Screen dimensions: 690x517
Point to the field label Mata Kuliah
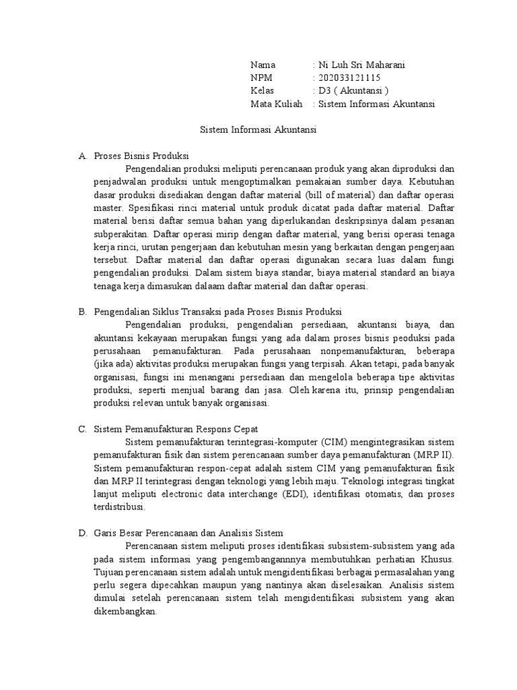click(x=277, y=104)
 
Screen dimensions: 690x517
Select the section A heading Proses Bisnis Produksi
click(x=141, y=156)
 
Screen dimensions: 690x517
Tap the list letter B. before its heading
click(x=83, y=311)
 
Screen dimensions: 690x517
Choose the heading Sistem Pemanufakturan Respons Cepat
click(x=176, y=429)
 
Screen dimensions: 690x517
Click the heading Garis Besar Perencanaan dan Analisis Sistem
click(x=188, y=533)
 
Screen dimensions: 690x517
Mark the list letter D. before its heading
click(x=83, y=533)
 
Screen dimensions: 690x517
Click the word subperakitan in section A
click(x=120, y=234)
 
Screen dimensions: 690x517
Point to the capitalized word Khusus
click(x=439, y=559)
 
